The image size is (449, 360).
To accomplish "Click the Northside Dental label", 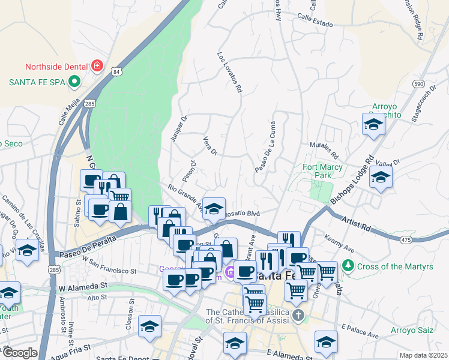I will pyautogui.click(x=56, y=65).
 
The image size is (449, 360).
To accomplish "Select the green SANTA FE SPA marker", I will pyautogui.click(x=75, y=81).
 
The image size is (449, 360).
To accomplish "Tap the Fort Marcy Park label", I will pyautogui.click(x=323, y=171).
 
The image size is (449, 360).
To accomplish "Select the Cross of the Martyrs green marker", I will pyautogui.click(x=347, y=265).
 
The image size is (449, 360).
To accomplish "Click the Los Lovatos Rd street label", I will pyautogui.click(x=229, y=71).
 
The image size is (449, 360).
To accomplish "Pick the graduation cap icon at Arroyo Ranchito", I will pyautogui.click(x=373, y=125).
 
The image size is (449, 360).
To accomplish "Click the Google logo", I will pyautogui.click(x=19, y=353).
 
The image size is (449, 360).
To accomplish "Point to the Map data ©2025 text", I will pyautogui.click(x=423, y=355).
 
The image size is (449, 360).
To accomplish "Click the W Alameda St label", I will pyautogui.click(x=82, y=288).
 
